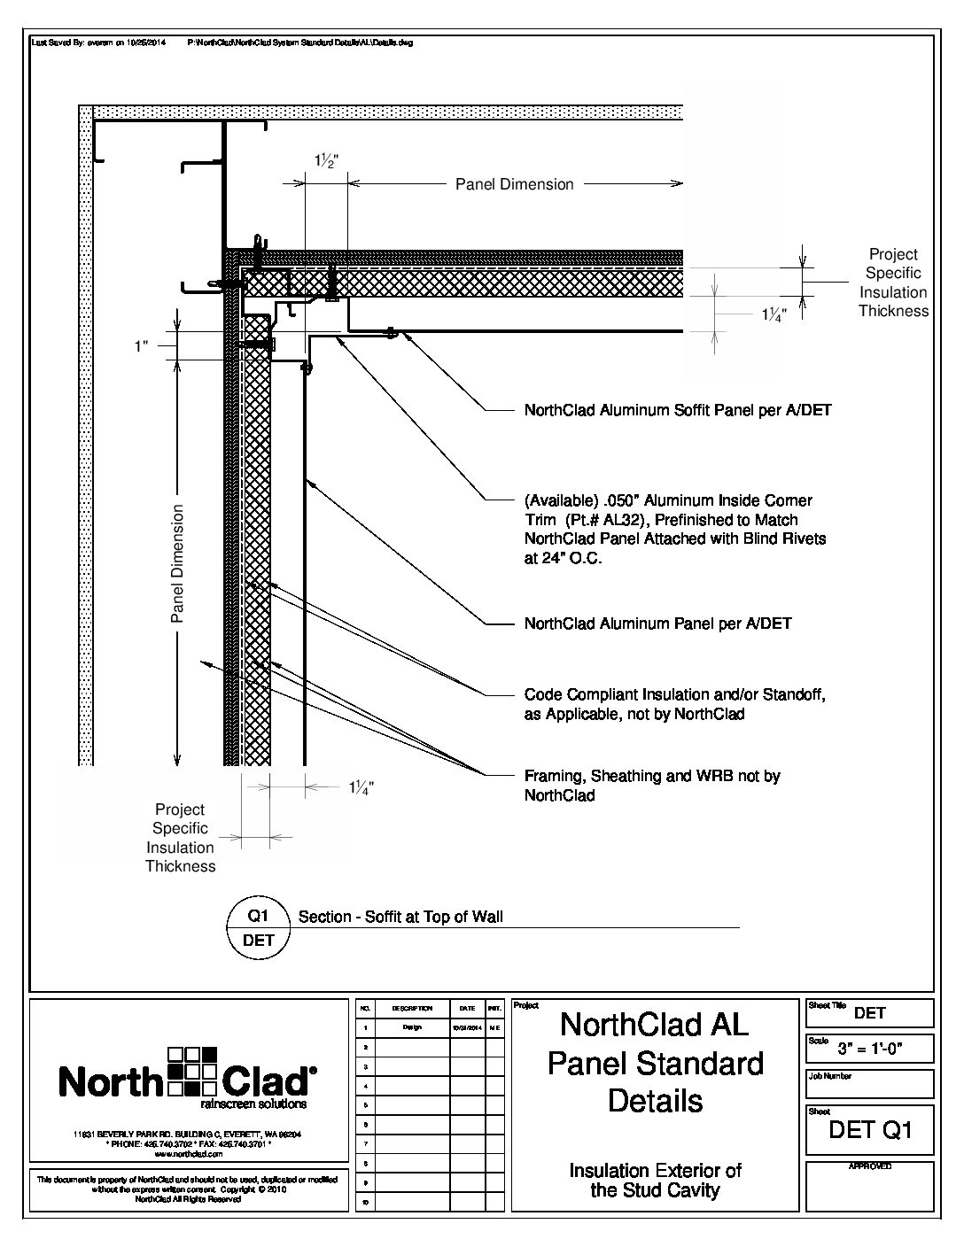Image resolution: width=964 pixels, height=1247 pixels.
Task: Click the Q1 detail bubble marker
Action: (x=259, y=926)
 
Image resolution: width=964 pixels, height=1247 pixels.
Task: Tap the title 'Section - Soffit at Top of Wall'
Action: (x=400, y=918)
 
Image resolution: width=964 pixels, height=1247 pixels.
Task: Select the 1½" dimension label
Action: (x=325, y=162)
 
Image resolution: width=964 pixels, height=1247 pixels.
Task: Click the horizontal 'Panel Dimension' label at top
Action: (x=514, y=184)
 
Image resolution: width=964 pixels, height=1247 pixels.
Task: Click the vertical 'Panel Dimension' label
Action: (x=177, y=563)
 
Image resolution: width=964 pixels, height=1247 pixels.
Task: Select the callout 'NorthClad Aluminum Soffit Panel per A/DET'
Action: (x=678, y=410)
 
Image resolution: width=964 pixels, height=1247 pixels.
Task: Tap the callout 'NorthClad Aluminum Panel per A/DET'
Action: (x=657, y=623)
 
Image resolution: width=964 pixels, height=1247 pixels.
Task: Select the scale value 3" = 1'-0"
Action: (x=871, y=1049)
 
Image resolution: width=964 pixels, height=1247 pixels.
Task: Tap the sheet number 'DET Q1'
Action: (x=869, y=1130)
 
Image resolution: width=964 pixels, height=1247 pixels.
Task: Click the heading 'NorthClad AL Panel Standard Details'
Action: (x=655, y=1063)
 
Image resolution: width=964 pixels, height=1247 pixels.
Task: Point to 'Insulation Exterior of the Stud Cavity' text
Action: (x=655, y=1181)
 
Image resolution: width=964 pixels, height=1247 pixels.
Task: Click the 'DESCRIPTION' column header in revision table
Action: (x=412, y=1009)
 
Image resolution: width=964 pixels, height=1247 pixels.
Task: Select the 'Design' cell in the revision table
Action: (x=412, y=1027)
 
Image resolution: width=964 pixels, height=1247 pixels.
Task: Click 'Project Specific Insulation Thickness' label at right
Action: (x=893, y=283)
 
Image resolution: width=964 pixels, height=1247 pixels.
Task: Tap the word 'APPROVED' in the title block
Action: (x=869, y=1167)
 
